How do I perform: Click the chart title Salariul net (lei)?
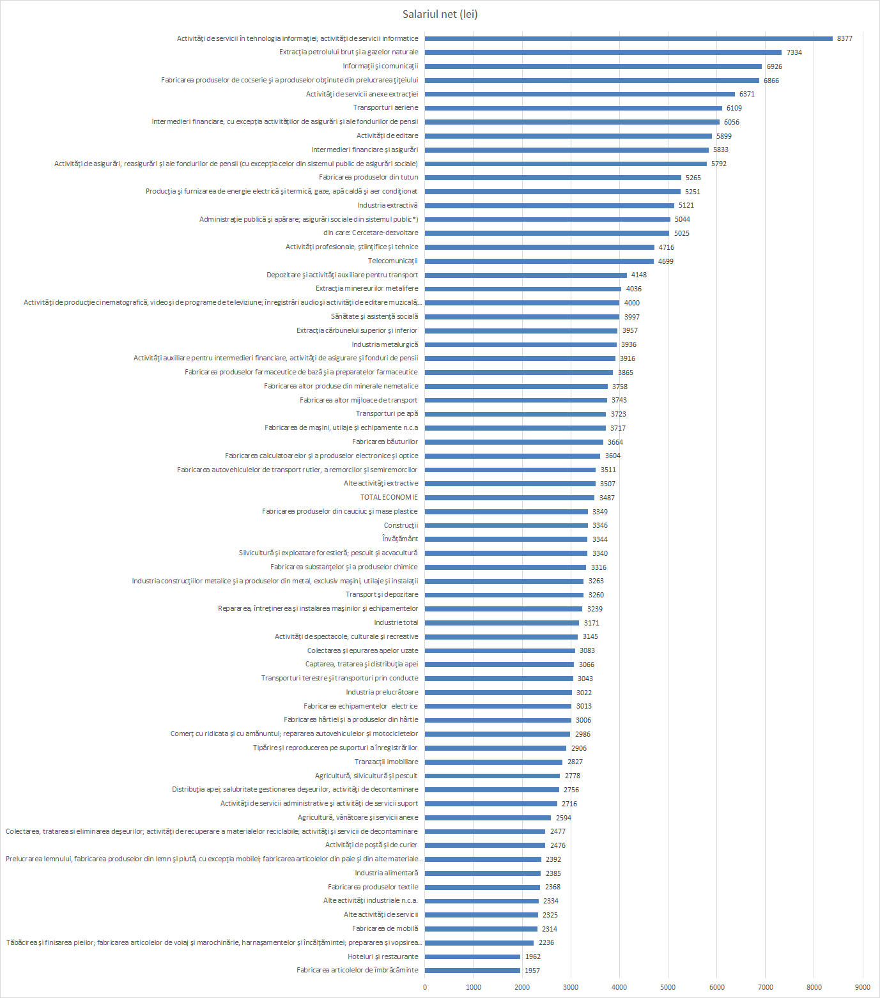(x=440, y=14)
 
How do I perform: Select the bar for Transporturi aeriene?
(x=573, y=108)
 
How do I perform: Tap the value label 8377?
(x=844, y=38)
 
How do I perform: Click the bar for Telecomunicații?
(x=539, y=261)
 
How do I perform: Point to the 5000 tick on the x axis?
(x=668, y=987)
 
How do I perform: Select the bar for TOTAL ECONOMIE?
(x=509, y=497)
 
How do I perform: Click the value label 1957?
(x=532, y=971)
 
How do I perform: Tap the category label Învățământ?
(x=400, y=539)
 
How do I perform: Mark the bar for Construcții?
(x=506, y=525)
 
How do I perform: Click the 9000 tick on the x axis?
(x=863, y=987)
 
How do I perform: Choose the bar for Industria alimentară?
(x=482, y=873)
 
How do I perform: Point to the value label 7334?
(x=794, y=52)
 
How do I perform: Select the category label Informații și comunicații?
(x=380, y=66)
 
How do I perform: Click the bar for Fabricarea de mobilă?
(x=481, y=928)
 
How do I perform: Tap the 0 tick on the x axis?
(x=425, y=987)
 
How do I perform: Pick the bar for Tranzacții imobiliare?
(x=493, y=762)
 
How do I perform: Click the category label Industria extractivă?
(x=387, y=205)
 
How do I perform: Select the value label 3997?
(x=631, y=317)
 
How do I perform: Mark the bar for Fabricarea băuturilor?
(x=514, y=441)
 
